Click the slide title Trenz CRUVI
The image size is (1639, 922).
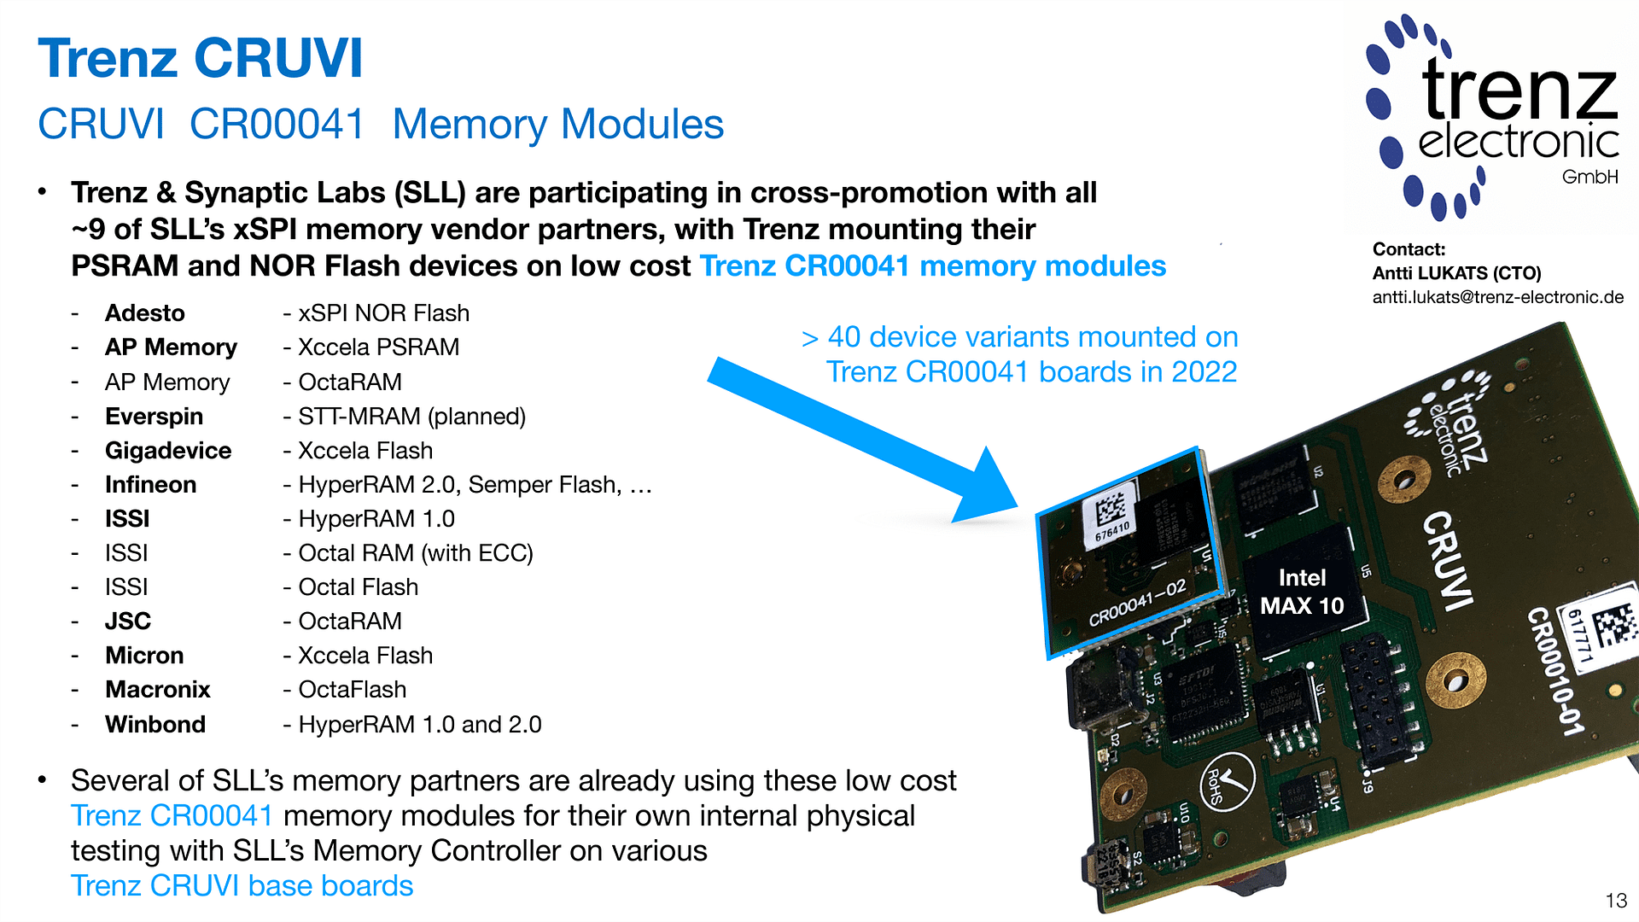pyautogui.click(x=201, y=58)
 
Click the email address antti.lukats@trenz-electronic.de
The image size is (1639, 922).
pyautogui.click(x=1497, y=297)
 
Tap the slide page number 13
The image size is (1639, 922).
pyautogui.click(x=1616, y=901)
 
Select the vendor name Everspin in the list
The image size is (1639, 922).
pyautogui.click(x=154, y=417)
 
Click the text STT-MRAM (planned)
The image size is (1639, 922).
pyautogui.click(x=411, y=417)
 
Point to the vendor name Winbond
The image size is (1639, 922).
pyautogui.click(x=155, y=725)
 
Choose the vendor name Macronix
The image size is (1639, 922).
pyautogui.click(x=157, y=690)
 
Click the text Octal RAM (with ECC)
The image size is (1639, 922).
pyautogui.click(x=415, y=553)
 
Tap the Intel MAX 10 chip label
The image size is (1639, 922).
pyautogui.click(x=1302, y=592)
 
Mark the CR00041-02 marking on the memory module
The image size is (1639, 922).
pyautogui.click(x=1138, y=603)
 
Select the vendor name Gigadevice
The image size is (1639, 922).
pyautogui.click(x=168, y=451)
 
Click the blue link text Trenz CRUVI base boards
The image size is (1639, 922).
pyautogui.click(x=242, y=886)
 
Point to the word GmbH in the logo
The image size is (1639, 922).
pyautogui.click(x=1589, y=177)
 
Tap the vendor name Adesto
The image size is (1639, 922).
pyautogui.click(x=144, y=313)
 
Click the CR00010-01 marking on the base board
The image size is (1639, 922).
pyautogui.click(x=1554, y=671)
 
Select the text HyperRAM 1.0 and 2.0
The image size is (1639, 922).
pyautogui.click(x=419, y=725)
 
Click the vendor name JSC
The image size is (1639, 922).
pyautogui.click(x=127, y=621)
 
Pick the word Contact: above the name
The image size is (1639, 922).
pyautogui.click(x=1409, y=249)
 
